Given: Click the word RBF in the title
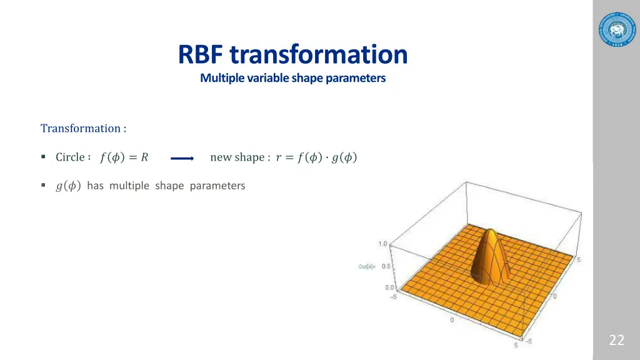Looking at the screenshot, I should (x=201, y=54).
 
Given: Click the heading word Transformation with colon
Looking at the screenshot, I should (x=83, y=128).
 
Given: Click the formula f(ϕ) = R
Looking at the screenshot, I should (x=124, y=157).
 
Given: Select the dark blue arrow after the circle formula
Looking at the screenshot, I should (x=182, y=159).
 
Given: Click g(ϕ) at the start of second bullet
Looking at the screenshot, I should (x=68, y=186).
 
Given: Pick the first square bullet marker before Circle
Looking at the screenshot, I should (x=43, y=157).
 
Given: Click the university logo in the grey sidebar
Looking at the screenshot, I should (x=616, y=29).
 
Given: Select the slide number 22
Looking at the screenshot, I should (x=616, y=340).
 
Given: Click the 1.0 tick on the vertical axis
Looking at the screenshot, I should (x=382, y=244).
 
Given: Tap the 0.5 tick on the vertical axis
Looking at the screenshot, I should (x=386, y=266).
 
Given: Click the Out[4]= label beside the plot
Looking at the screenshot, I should (x=367, y=267).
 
